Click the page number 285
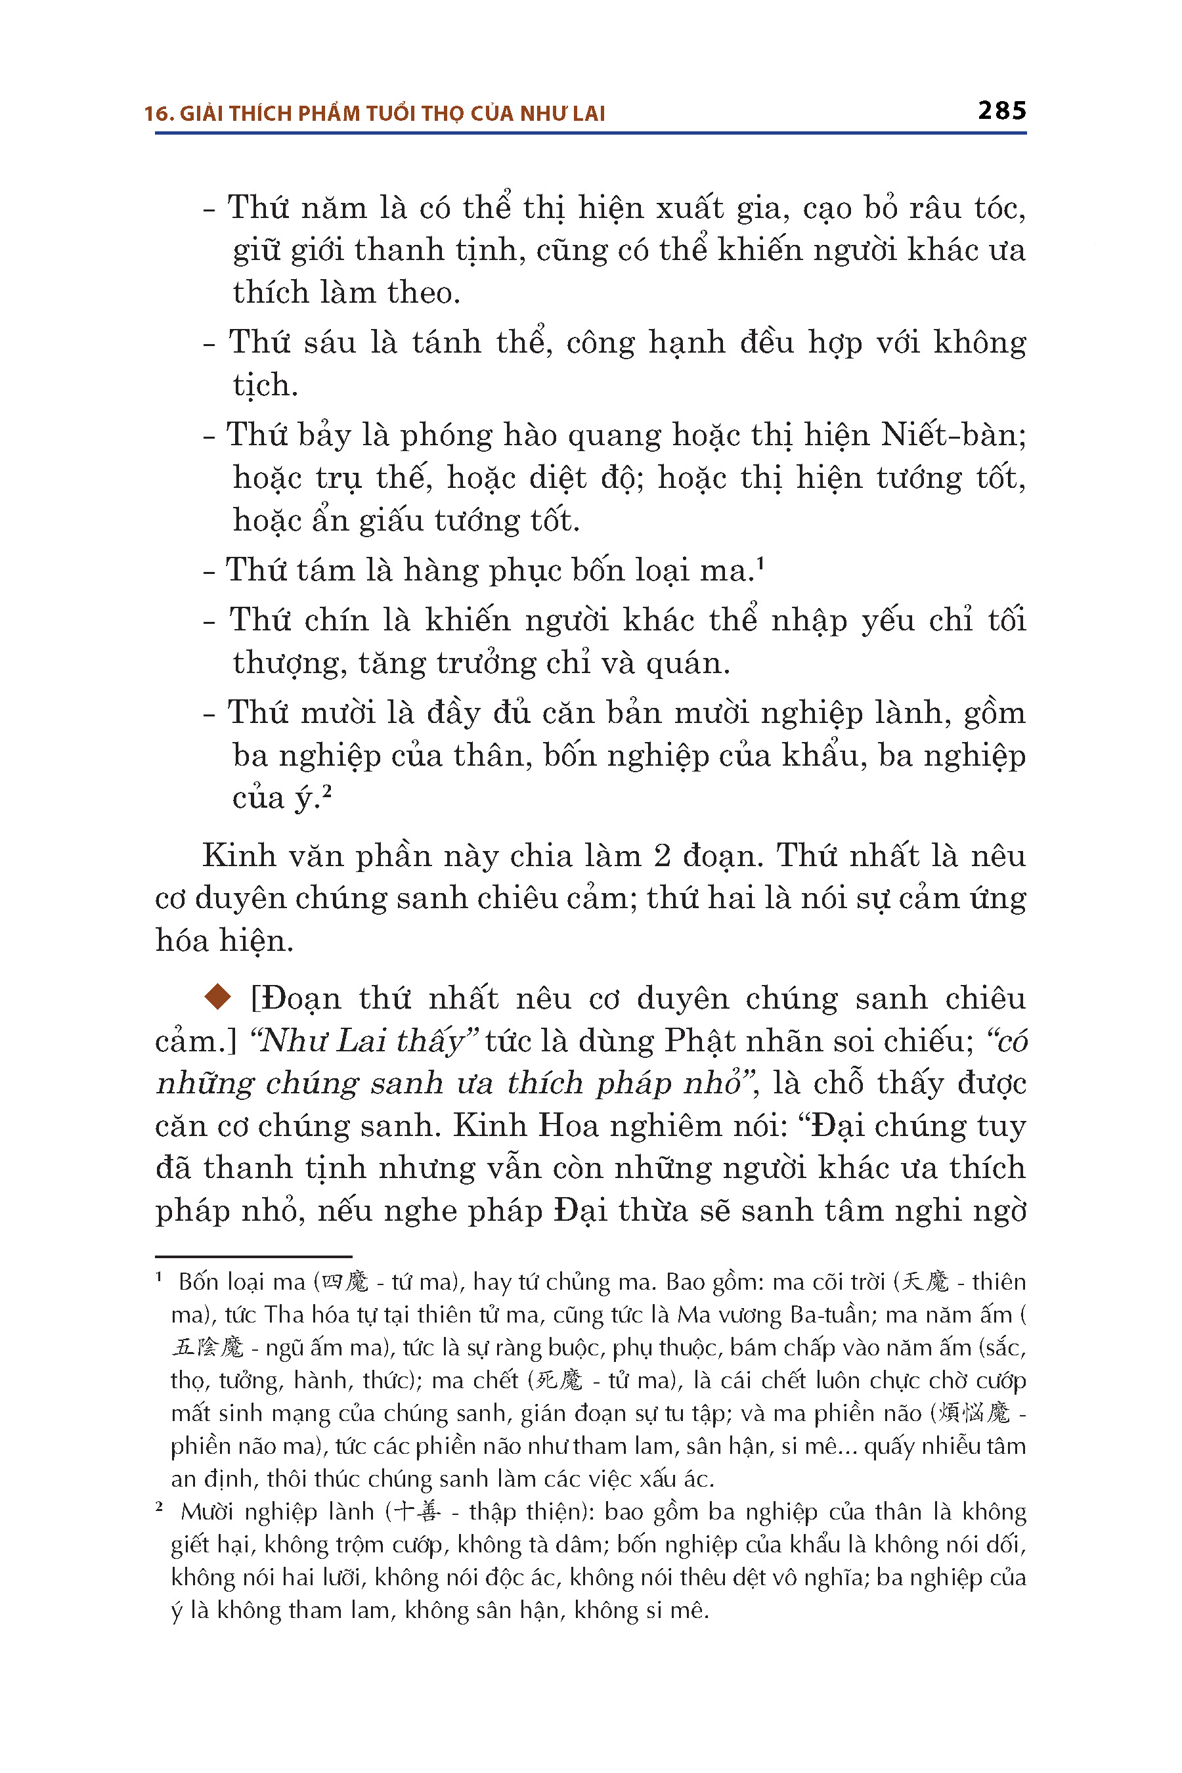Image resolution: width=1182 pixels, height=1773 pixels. [1001, 111]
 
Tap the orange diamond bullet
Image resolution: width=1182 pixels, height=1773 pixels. [218, 997]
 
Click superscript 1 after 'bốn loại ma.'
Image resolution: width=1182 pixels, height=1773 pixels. [760, 562]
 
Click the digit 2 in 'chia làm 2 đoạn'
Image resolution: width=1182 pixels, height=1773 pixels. [663, 856]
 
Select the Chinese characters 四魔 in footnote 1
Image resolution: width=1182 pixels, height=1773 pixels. [345, 1282]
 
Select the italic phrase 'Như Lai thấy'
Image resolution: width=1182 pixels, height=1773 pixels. [365, 1041]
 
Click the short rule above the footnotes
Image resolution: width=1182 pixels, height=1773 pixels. [253, 1257]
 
